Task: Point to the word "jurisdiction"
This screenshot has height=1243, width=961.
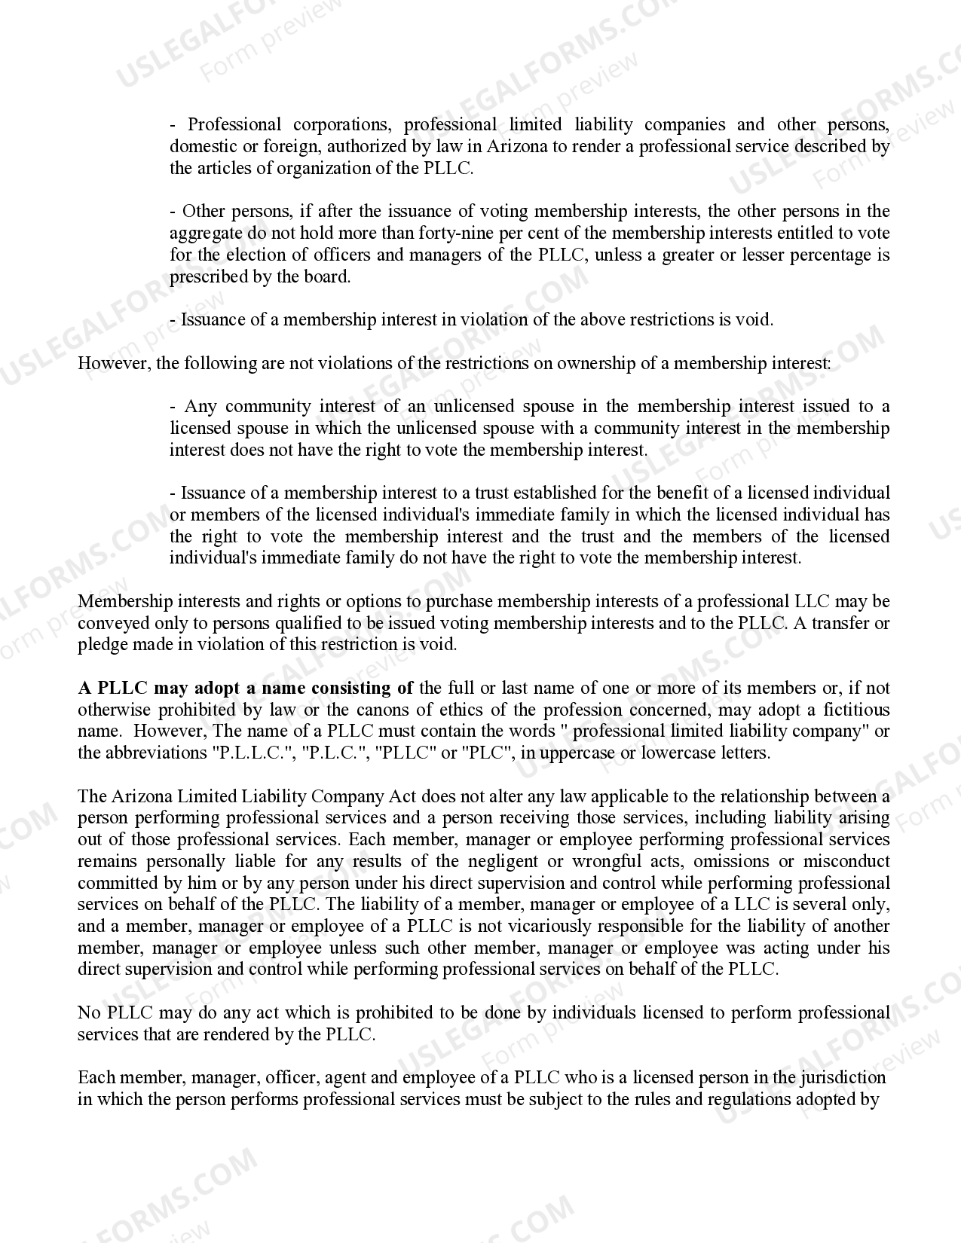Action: pos(840,1078)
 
